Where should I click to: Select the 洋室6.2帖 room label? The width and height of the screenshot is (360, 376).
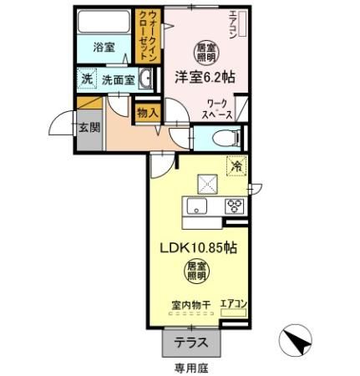pos(204,76)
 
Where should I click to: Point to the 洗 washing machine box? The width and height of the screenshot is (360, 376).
pos(87,79)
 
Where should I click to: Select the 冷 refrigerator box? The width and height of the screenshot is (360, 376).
pos(236,166)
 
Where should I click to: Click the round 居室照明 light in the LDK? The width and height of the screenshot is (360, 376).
pos(198,271)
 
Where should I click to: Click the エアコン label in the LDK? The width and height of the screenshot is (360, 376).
pos(234,304)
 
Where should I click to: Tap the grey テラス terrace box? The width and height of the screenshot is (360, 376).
pos(191,341)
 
